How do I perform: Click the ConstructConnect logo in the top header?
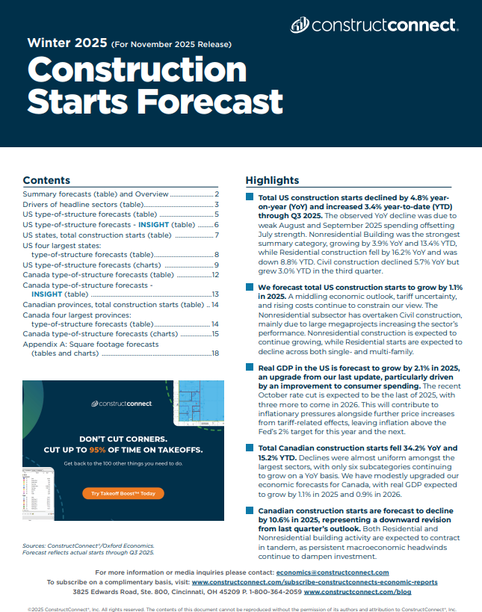click(x=374, y=25)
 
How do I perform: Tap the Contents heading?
click(x=46, y=180)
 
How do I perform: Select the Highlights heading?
click(x=272, y=180)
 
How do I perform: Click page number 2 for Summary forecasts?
click(x=216, y=194)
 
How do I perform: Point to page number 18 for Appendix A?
click(x=214, y=353)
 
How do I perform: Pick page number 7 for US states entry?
click(x=216, y=234)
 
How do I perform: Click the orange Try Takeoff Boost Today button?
click(x=123, y=493)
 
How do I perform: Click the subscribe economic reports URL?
click(x=315, y=581)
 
